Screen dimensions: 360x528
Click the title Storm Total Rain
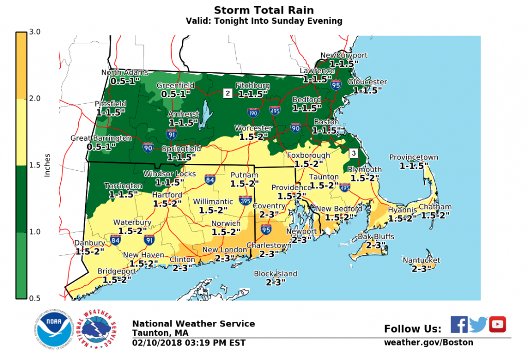click(x=263, y=10)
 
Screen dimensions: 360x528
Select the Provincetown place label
click(x=414, y=157)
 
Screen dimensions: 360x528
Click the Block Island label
click(x=275, y=274)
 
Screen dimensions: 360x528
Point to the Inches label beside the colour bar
click(x=47, y=165)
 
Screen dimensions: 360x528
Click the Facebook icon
click(x=459, y=324)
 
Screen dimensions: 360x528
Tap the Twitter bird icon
click(x=478, y=324)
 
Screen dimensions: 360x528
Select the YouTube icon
click(x=498, y=324)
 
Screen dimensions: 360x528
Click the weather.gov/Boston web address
click(x=428, y=342)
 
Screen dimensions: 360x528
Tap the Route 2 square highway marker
click(x=227, y=93)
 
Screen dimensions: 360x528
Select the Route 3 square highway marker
click(x=353, y=153)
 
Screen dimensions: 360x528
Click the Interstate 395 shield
click(x=245, y=200)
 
